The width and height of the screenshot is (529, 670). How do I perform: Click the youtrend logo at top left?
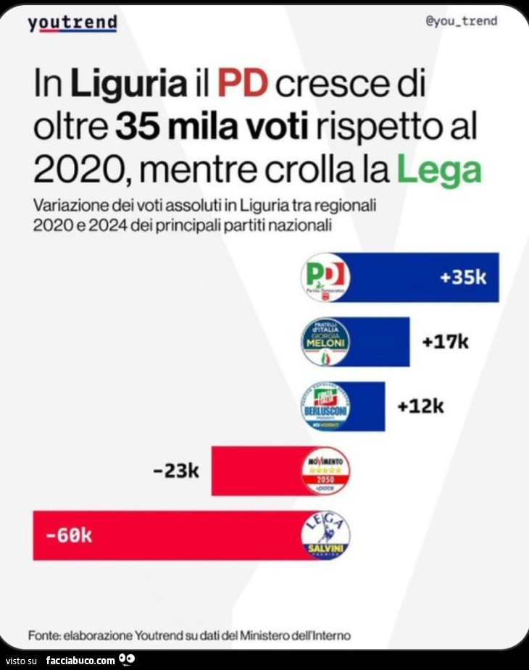click(x=72, y=23)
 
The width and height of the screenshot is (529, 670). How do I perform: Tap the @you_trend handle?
click(x=461, y=21)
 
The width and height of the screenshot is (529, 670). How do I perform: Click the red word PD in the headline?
click(x=242, y=85)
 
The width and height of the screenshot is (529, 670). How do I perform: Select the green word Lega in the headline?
click(x=439, y=169)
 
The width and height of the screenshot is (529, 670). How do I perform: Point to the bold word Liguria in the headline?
click(x=128, y=85)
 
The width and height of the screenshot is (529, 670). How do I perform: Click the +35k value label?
click(x=462, y=277)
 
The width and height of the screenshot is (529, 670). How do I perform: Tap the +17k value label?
click(x=445, y=341)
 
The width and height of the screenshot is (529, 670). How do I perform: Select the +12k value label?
click(x=420, y=406)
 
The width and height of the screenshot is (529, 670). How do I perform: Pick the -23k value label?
click(x=176, y=472)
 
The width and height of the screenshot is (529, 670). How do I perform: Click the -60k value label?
click(x=69, y=536)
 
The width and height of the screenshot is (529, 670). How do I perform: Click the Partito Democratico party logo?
click(x=325, y=277)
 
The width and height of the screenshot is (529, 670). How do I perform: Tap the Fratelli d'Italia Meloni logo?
click(x=325, y=341)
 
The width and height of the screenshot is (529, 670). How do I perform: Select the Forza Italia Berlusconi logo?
click(x=325, y=406)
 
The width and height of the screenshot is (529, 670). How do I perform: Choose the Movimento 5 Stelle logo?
click(x=325, y=471)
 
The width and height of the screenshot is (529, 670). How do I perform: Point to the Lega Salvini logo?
click(x=325, y=536)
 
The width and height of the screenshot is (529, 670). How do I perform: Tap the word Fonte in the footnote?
click(x=43, y=635)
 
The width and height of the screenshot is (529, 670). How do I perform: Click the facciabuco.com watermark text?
click(x=80, y=660)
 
